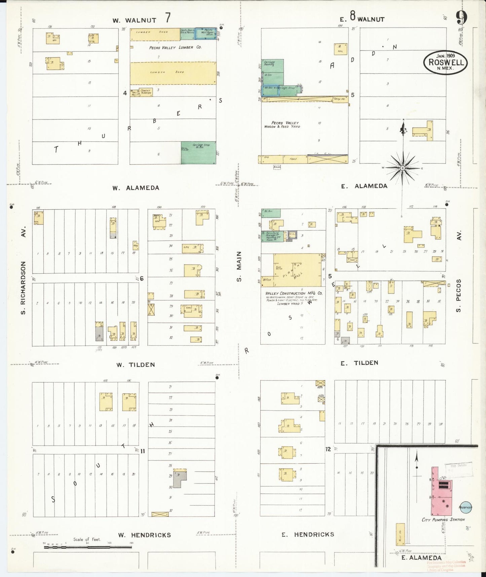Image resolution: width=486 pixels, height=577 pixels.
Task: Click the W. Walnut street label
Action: tap(135, 20)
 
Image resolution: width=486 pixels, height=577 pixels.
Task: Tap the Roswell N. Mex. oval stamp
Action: tap(446, 62)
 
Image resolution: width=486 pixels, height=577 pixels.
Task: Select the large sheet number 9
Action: tap(462, 18)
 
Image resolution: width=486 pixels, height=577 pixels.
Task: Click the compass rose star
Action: tap(403, 168)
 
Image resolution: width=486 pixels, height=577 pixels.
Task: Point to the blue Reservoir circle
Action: tap(465, 507)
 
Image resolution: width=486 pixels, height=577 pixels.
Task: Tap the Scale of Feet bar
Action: tap(87, 547)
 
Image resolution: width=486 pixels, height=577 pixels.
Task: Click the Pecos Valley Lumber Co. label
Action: tap(175, 47)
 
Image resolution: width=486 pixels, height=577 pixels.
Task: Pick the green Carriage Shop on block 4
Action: tap(198, 152)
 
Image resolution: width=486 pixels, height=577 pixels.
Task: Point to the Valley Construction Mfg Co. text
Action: tap(294, 293)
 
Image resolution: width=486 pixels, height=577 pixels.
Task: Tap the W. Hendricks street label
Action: tap(144, 535)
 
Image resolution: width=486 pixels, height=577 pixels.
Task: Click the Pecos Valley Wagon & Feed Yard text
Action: tap(282, 125)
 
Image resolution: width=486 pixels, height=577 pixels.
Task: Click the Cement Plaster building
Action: tap(146, 92)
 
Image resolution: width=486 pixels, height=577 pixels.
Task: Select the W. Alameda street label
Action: tap(136, 188)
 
